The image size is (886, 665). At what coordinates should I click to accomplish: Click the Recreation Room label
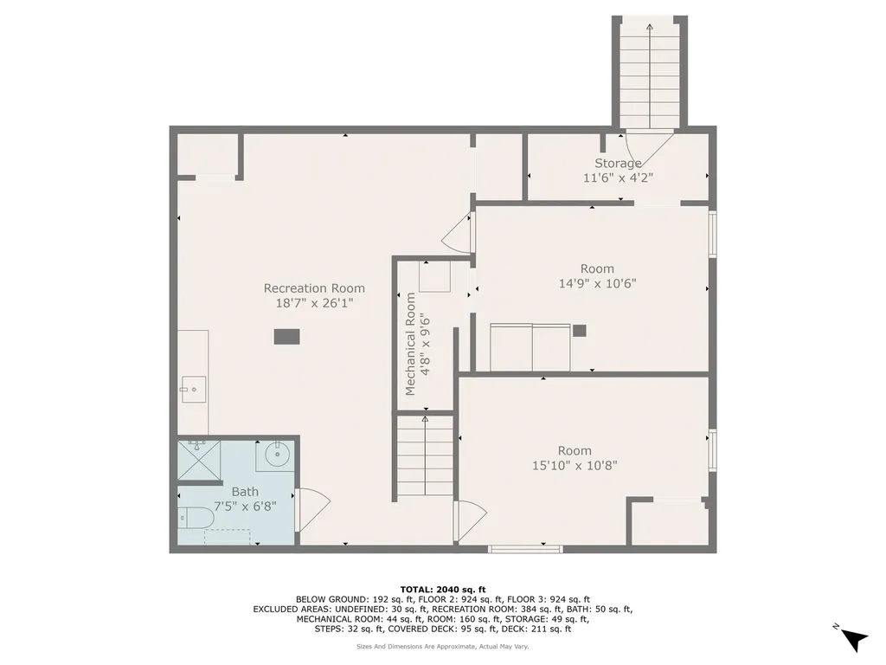314,288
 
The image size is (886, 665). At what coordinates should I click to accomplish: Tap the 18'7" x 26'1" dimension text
314,303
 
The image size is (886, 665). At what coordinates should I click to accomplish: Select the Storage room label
618,164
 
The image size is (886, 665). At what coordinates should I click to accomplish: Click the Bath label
245,492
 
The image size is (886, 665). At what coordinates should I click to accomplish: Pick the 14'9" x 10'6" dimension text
598,283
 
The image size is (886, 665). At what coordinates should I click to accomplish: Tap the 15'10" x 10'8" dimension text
575,466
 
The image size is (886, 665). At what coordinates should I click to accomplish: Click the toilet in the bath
196,518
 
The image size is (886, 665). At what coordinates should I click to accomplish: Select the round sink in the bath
277,455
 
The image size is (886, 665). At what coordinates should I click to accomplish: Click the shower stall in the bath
198,461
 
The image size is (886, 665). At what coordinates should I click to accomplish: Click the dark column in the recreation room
287,337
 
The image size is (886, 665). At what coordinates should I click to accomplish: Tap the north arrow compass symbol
853,639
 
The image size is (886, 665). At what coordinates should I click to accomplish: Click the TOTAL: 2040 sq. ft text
443,590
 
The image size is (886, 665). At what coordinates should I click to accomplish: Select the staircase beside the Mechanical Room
425,458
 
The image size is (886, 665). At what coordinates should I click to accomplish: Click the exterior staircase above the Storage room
650,73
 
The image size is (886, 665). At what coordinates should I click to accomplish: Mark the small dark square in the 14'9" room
579,331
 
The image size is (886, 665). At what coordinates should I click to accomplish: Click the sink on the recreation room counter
193,390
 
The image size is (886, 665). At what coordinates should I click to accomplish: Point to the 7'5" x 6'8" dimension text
245,507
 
